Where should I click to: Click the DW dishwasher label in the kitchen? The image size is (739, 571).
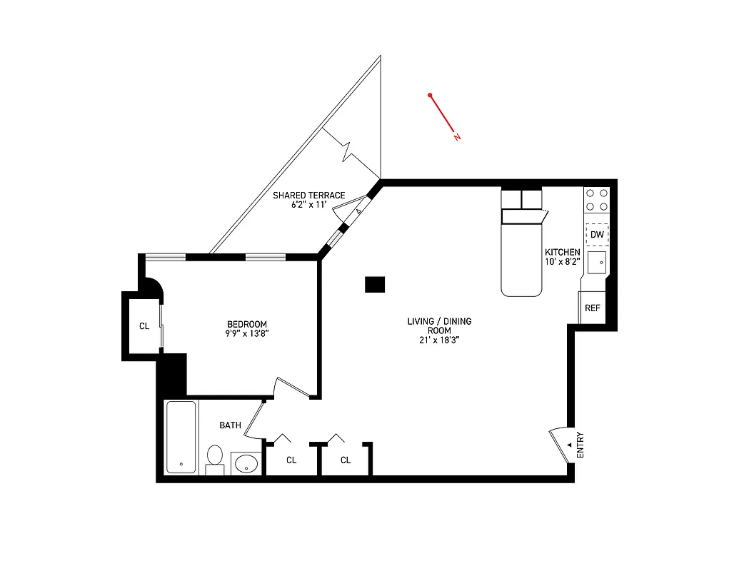pyautogui.click(x=597, y=234)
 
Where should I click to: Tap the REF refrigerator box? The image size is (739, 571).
pyautogui.click(x=592, y=308)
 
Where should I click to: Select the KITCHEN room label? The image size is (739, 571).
pyautogui.click(x=562, y=253)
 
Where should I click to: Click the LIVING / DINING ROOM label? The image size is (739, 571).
pyautogui.click(x=439, y=326)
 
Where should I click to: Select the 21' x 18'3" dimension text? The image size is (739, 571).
pyautogui.click(x=439, y=340)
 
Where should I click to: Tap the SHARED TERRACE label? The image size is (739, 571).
pyautogui.click(x=309, y=195)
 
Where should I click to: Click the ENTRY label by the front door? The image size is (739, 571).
pyautogui.click(x=580, y=445)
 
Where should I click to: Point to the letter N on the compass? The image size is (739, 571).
pyautogui.click(x=457, y=137)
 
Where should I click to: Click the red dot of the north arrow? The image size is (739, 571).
pyautogui.click(x=431, y=95)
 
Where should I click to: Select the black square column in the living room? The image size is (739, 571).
pyautogui.click(x=375, y=284)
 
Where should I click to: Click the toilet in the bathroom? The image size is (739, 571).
pyautogui.click(x=215, y=458)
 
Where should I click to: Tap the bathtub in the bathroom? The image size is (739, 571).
pyautogui.click(x=181, y=437)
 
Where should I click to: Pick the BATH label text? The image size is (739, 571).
pyautogui.click(x=230, y=425)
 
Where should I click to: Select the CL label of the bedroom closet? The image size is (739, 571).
pyautogui.click(x=144, y=326)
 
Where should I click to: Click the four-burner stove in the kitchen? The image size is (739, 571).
pyautogui.click(x=596, y=199)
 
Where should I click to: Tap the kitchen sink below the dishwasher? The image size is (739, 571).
pyautogui.click(x=597, y=263)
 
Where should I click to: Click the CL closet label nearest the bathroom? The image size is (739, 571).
pyautogui.click(x=291, y=460)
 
